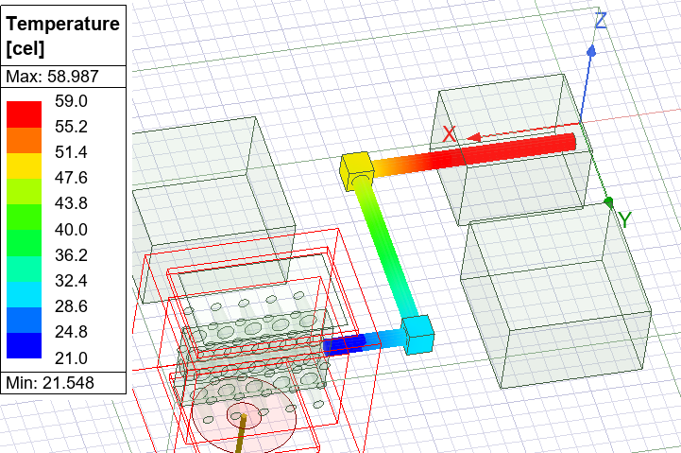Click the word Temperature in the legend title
pyautogui.click(x=62, y=24)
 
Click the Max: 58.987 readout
pyautogui.click(x=53, y=77)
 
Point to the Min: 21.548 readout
pyautogui.click(x=50, y=383)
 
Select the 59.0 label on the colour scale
pyautogui.click(x=71, y=101)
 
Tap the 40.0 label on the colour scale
pyautogui.click(x=71, y=229)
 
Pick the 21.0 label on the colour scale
pyautogui.click(x=71, y=357)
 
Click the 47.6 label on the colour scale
pyautogui.click(x=71, y=178)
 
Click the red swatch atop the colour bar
pyautogui.click(x=25, y=114)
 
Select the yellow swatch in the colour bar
pyautogui.click(x=25, y=166)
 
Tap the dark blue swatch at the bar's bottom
pyautogui.click(x=25, y=345)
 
